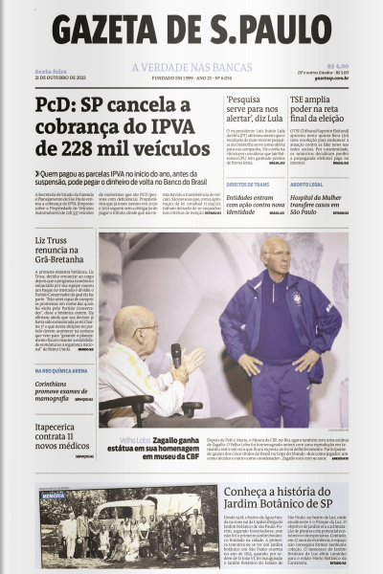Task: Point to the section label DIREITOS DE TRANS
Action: coord(248,184)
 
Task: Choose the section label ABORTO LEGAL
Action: coord(306,184)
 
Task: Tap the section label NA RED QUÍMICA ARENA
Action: coord(62,370)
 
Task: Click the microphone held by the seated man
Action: coord(176,355)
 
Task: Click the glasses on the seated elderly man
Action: coord(147,329)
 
